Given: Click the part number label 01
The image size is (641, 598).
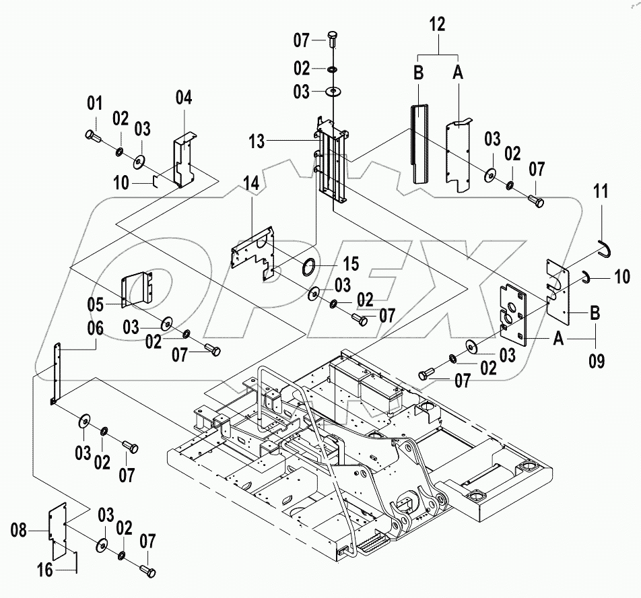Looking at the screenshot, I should (94, 104).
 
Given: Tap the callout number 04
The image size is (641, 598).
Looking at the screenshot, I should (183, 98).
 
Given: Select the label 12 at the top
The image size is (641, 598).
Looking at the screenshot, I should (438, 24).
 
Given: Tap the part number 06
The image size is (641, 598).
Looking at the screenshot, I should (95, 329).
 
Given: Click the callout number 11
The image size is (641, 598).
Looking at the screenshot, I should (601, 192).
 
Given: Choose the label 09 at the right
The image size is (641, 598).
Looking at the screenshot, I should (596, 362).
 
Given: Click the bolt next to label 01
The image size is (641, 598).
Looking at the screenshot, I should (94, 137).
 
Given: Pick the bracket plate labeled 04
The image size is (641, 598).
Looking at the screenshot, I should (183, 162).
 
